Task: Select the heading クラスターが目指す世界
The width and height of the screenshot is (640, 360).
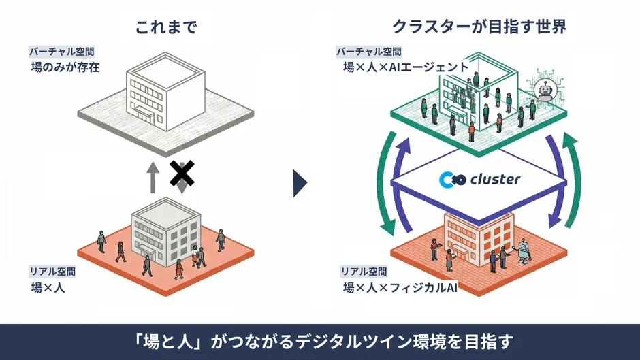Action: [479, 27]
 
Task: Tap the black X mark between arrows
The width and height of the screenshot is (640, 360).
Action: [181, 174]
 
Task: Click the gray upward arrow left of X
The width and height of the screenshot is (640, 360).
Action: [154, 178]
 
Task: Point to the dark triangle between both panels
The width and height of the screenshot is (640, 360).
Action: [300, 182]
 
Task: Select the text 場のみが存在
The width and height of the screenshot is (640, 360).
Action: [65, 67]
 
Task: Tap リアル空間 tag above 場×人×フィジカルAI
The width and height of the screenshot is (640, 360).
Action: [364, 271]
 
